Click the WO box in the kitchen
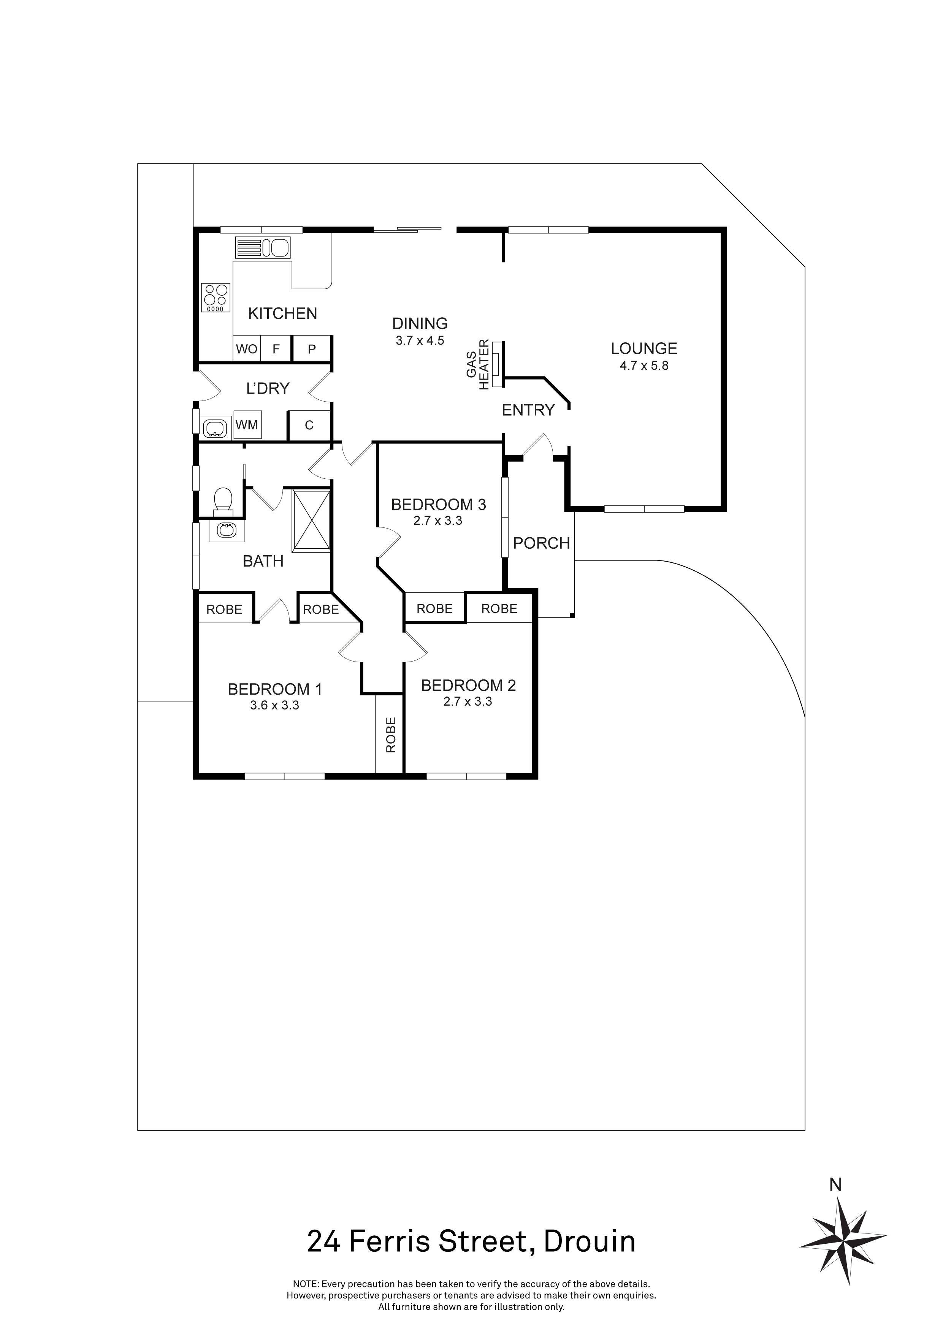pos(246,349)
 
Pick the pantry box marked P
pos(311,349)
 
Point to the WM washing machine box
pos(246,425)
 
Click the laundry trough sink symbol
pos(216,428)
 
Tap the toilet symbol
pos(222,500)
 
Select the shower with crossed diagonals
pos(312,520)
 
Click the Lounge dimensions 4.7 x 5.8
pos(644,366)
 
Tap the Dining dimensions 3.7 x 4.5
pos(420,341)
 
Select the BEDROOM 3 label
pos(438,505)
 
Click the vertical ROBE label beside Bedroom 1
pos(391,735)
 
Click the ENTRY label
pos(528,410)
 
